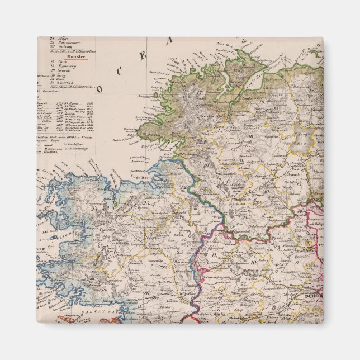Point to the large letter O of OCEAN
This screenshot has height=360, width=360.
pyautogui.click(x=101, y=88)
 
